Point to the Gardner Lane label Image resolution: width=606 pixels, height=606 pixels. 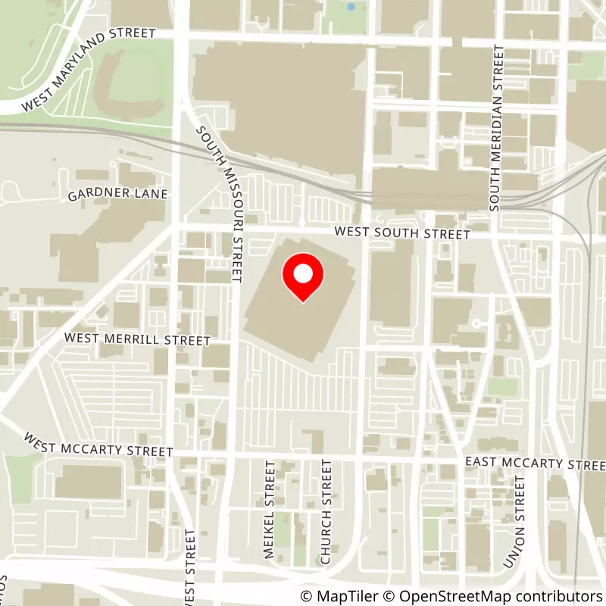tap(117, 195)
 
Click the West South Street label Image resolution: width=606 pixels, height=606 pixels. tap(404, 234)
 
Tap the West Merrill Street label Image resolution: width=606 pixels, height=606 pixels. tap(137, 339)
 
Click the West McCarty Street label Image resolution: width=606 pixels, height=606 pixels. tap(98, 445)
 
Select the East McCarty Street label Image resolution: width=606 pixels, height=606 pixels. tap(535, 463)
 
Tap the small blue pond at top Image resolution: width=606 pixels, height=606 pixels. tap(350, 7)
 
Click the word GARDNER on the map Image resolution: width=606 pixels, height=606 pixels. tap(92, 195)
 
